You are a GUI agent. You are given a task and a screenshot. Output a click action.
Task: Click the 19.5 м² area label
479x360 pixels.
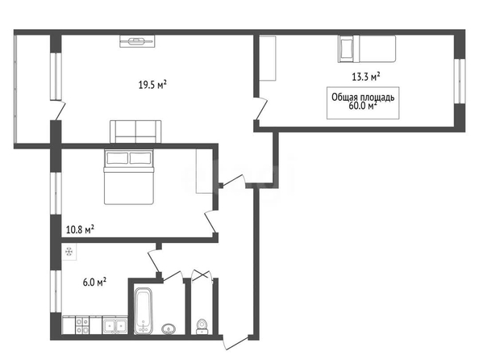[152, 85]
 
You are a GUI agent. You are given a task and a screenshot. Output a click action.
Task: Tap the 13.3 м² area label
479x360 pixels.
[366, 77]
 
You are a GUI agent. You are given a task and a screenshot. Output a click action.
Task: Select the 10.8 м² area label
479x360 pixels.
[80, 229]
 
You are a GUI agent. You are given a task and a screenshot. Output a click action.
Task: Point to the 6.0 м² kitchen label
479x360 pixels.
[94, 282]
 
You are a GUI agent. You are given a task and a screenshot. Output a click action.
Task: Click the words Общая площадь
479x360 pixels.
[363, 97]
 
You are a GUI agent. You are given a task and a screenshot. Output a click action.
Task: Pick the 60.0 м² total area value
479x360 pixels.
[362, 106]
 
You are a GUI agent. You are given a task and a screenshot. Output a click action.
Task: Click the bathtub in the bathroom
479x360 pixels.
[144, 311]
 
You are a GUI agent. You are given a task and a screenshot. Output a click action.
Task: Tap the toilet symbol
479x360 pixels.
[202, 326]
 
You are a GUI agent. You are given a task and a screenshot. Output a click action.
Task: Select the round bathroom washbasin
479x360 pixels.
[168, 329]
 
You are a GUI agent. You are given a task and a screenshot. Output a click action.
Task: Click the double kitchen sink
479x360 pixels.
[115, 325]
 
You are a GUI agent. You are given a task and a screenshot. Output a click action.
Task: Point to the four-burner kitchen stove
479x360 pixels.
[82, 326]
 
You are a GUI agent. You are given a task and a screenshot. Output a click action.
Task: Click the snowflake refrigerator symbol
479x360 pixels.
[69, 252]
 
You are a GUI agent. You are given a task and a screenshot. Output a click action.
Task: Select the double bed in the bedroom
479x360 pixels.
[129, 177]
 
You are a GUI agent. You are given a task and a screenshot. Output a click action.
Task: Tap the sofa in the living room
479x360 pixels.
[135, 132]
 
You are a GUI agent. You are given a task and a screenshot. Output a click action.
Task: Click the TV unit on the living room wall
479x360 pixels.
[137, 41]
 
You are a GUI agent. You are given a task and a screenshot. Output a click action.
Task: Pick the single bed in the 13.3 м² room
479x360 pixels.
[367, 49]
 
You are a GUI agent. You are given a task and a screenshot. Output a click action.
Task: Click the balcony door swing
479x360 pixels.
[59, 111]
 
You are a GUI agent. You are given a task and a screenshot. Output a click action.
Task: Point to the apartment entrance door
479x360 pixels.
[235, 343]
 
